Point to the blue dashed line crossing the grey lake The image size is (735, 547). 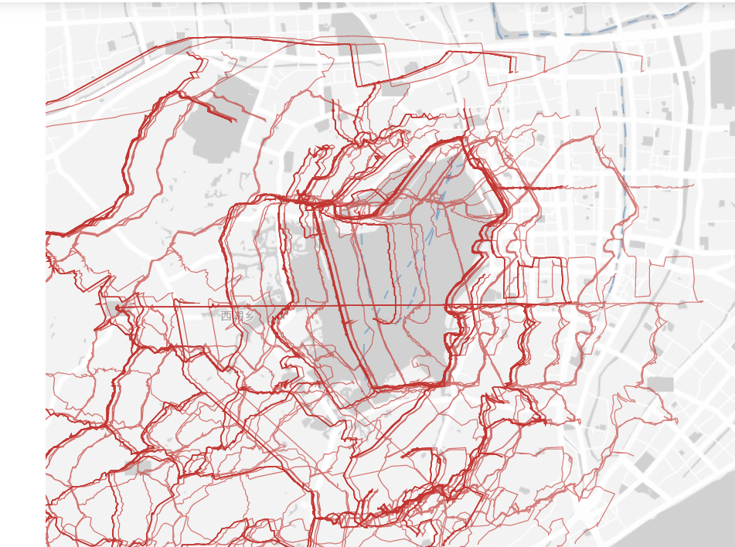(x=417, y=247)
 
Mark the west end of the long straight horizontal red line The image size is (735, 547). (x=97, y=304)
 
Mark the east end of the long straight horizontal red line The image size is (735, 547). (x=702, y=301)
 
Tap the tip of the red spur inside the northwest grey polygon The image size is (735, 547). (x=235, y=121)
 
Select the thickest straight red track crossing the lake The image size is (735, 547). (x=340, y=294)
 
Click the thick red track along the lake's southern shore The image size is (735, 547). (x=410, y=384)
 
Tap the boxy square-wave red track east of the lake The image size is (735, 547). (x=541, y=278)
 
